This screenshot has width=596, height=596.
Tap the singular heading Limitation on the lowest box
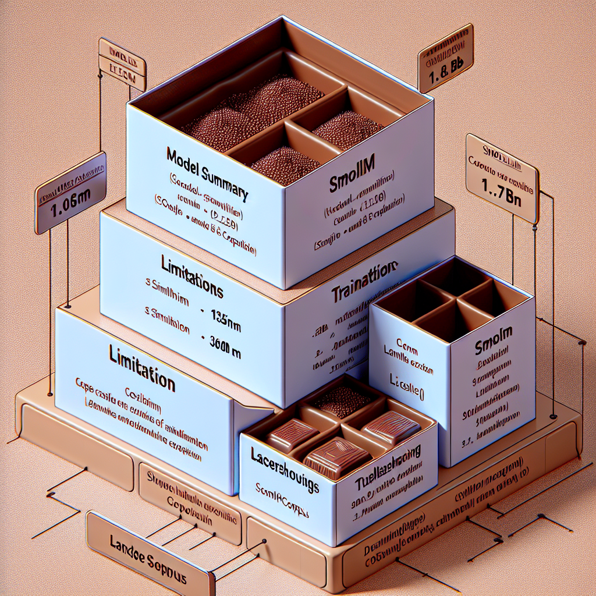click(x=142, y=367)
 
